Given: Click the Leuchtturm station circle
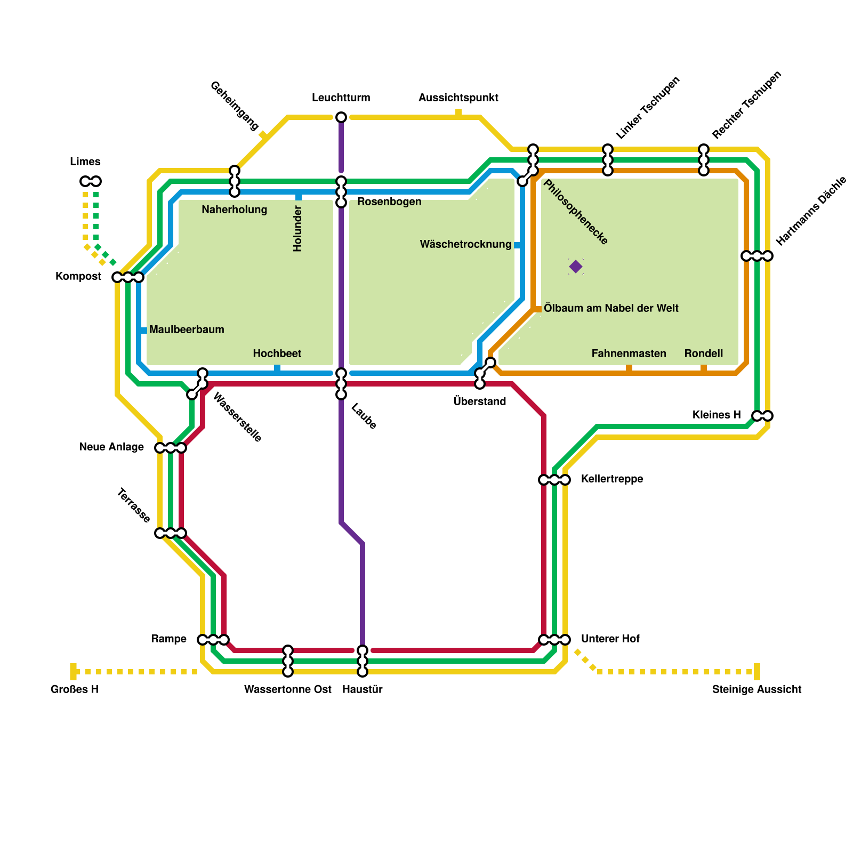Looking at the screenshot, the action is click(x=341, y=117).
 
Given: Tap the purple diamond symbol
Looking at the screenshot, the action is click(x=576, y=267).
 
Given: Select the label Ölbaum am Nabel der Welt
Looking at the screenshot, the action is click(x=611, y=308).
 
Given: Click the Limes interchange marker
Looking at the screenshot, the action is click(x=91, y=181).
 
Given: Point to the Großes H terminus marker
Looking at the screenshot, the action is click(x=74, y=672).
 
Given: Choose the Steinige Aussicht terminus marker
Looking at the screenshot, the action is click(x=757, y=672).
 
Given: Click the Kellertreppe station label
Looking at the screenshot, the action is click(x=612, y=479).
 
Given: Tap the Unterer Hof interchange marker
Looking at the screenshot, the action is click(x=554, y=640).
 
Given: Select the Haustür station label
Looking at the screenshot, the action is click(x=363, y=689).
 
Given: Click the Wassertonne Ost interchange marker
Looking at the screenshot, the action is click(x=288, y=661).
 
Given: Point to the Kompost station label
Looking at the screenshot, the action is click(x=78, y=276).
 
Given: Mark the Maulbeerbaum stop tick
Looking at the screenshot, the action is click(x=143, y=331).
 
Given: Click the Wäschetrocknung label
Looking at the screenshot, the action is click(x=465, y=244).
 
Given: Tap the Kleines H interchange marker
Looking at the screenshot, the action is click(x=762, y=416).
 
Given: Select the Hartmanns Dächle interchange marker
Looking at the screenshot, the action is click(x=757, y=256).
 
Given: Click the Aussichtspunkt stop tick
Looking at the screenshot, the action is click(x=458, y=113).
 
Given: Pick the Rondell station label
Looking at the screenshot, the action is click(x=704, y=353).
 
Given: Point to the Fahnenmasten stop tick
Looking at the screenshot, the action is click(x=629, y=369).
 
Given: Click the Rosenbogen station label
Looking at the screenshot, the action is click(x=389, y=202).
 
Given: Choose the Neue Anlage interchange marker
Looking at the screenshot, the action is click(x=171, y=448).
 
